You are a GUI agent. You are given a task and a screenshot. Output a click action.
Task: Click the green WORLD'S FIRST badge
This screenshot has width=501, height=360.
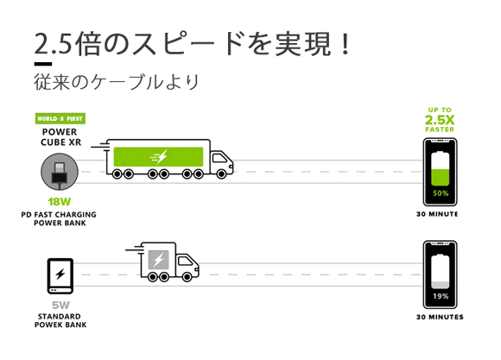(60, 118)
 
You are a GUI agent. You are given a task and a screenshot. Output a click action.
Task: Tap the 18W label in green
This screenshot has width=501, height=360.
(60, 202)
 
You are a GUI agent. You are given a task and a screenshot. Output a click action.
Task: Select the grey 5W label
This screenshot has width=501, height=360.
(60, 305)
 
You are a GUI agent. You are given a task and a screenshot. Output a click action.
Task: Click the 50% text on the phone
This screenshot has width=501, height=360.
(441, 193)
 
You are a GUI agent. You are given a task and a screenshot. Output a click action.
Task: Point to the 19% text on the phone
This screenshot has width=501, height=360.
(441, 296)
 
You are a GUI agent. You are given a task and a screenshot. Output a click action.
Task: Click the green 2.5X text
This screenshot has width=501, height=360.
(440, 120)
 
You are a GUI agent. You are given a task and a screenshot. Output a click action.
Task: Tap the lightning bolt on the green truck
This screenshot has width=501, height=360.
(159, 156)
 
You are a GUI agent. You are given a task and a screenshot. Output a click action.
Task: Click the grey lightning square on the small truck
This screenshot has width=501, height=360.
(158, 259)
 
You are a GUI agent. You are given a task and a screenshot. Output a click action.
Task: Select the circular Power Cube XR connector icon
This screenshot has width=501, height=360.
(60, 172)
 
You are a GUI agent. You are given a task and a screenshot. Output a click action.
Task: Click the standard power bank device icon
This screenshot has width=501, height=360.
(60, 276)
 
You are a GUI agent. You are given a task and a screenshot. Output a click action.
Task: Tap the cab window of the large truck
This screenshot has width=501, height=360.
(219, 158)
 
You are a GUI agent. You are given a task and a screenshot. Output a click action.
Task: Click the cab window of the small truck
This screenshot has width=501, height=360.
(185, 262)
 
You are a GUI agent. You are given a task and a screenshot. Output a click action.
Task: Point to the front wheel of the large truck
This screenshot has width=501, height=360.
(221, 174)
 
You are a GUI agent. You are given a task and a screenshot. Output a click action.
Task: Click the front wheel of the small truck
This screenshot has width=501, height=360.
(187, 277)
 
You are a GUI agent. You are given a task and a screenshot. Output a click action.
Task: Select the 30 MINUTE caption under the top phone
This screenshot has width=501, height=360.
(437, 214)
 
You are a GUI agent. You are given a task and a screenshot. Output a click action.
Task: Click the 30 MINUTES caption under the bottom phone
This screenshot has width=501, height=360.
(440, 317)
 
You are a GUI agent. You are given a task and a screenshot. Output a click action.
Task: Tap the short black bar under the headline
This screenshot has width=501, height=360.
(43, 64)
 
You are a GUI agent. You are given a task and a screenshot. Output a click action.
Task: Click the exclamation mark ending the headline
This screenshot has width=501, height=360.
(345, 43)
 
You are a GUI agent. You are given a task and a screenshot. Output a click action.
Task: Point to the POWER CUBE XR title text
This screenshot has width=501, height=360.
(60, 137)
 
